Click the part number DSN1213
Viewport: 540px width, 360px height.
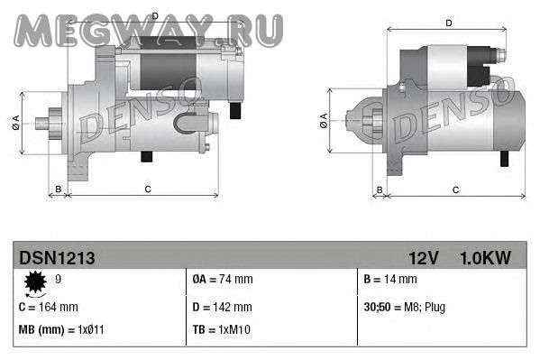pos(57,258)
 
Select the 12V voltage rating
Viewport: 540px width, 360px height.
pos(423,258)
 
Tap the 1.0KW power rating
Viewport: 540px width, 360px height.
pos(485,258)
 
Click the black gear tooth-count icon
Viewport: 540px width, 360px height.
pos(35,282)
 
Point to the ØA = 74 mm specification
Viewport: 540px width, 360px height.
pos(223,279)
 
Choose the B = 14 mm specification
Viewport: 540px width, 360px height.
pos(390,279)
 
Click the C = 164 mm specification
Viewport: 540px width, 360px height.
pos(48,307)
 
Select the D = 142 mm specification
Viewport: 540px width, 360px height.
pos(222,307)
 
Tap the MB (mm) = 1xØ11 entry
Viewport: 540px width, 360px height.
pos(61,329)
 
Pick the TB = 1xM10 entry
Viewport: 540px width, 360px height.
pos(222,329)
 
